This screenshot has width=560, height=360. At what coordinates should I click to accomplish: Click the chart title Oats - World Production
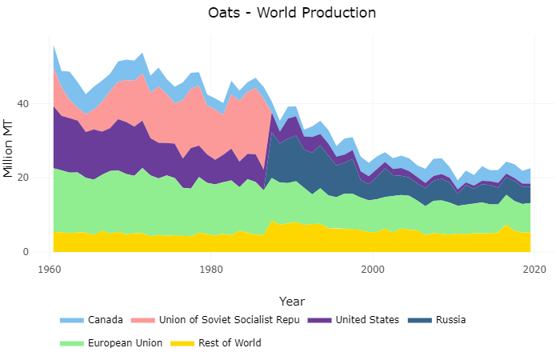coord(291,13)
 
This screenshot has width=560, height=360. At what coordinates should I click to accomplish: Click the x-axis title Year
coord(291,301)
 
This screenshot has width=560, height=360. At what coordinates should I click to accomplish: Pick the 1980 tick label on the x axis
coord(211,270)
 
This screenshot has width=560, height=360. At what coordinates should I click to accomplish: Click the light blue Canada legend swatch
coord(71,320)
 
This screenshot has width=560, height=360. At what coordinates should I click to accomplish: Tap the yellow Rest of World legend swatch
coord(186,343)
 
